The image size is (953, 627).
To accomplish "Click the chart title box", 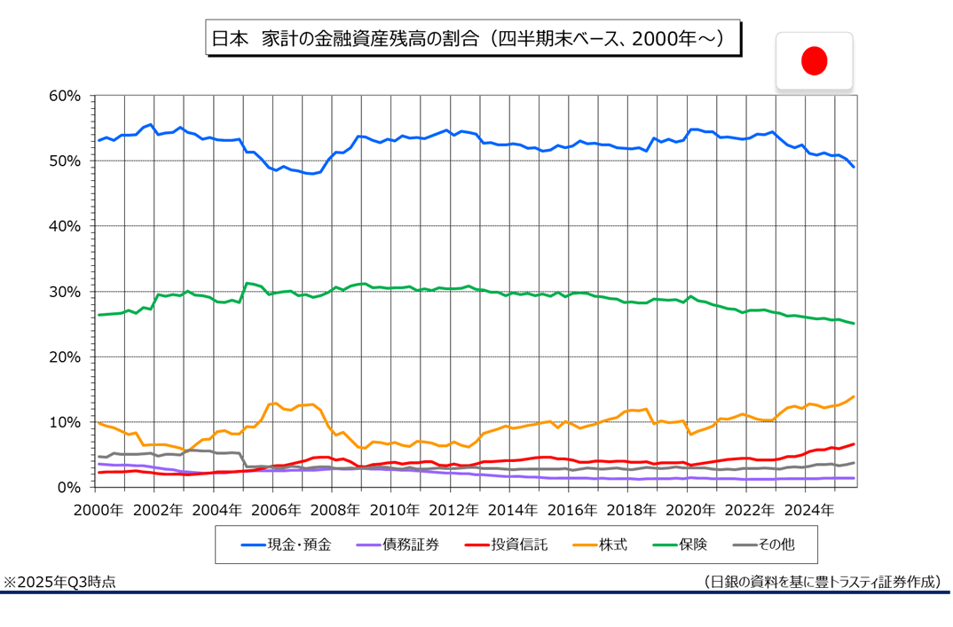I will pyautogui.click(x=472, y=39).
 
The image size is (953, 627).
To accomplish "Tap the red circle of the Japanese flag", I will pyautogui.click(x=814, y=60).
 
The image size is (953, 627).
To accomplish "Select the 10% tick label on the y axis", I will pyautogui.click(x=67, y=422).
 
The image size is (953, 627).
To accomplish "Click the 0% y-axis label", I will pyautogui.click(x=71, y=488).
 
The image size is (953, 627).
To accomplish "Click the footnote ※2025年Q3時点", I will pyautogui.click(x=59, y=583).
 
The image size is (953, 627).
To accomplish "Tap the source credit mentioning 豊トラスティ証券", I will pyautogui.click(x=821, y=583).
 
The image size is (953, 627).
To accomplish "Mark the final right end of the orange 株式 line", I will pyautogui.click(x=854, y=396).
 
